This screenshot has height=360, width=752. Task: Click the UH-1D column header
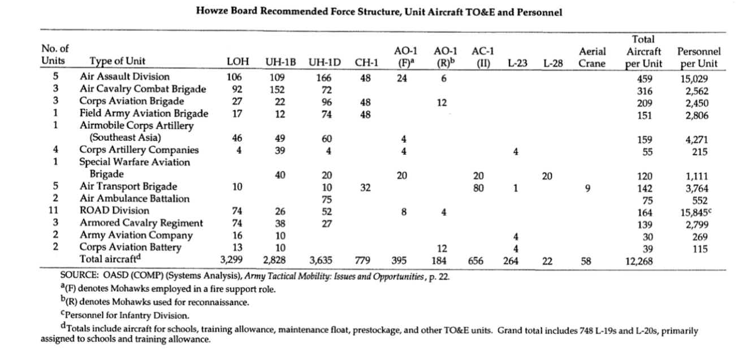(x=325, y=62)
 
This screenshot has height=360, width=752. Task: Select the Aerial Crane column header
(x=592, y=57)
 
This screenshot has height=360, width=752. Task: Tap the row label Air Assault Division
(x=124, y=77)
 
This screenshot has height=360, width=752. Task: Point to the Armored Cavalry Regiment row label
(x=141, y=223)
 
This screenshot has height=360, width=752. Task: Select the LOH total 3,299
(x=232, y=261)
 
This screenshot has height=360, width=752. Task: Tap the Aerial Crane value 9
(x=588, y=188)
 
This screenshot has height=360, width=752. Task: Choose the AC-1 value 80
(x=478, y=188)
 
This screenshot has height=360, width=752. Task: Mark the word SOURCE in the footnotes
(x=79, y=276)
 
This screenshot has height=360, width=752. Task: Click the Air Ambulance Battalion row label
(x=134, y=199)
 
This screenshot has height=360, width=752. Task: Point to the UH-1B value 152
(x=278, y=89)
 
